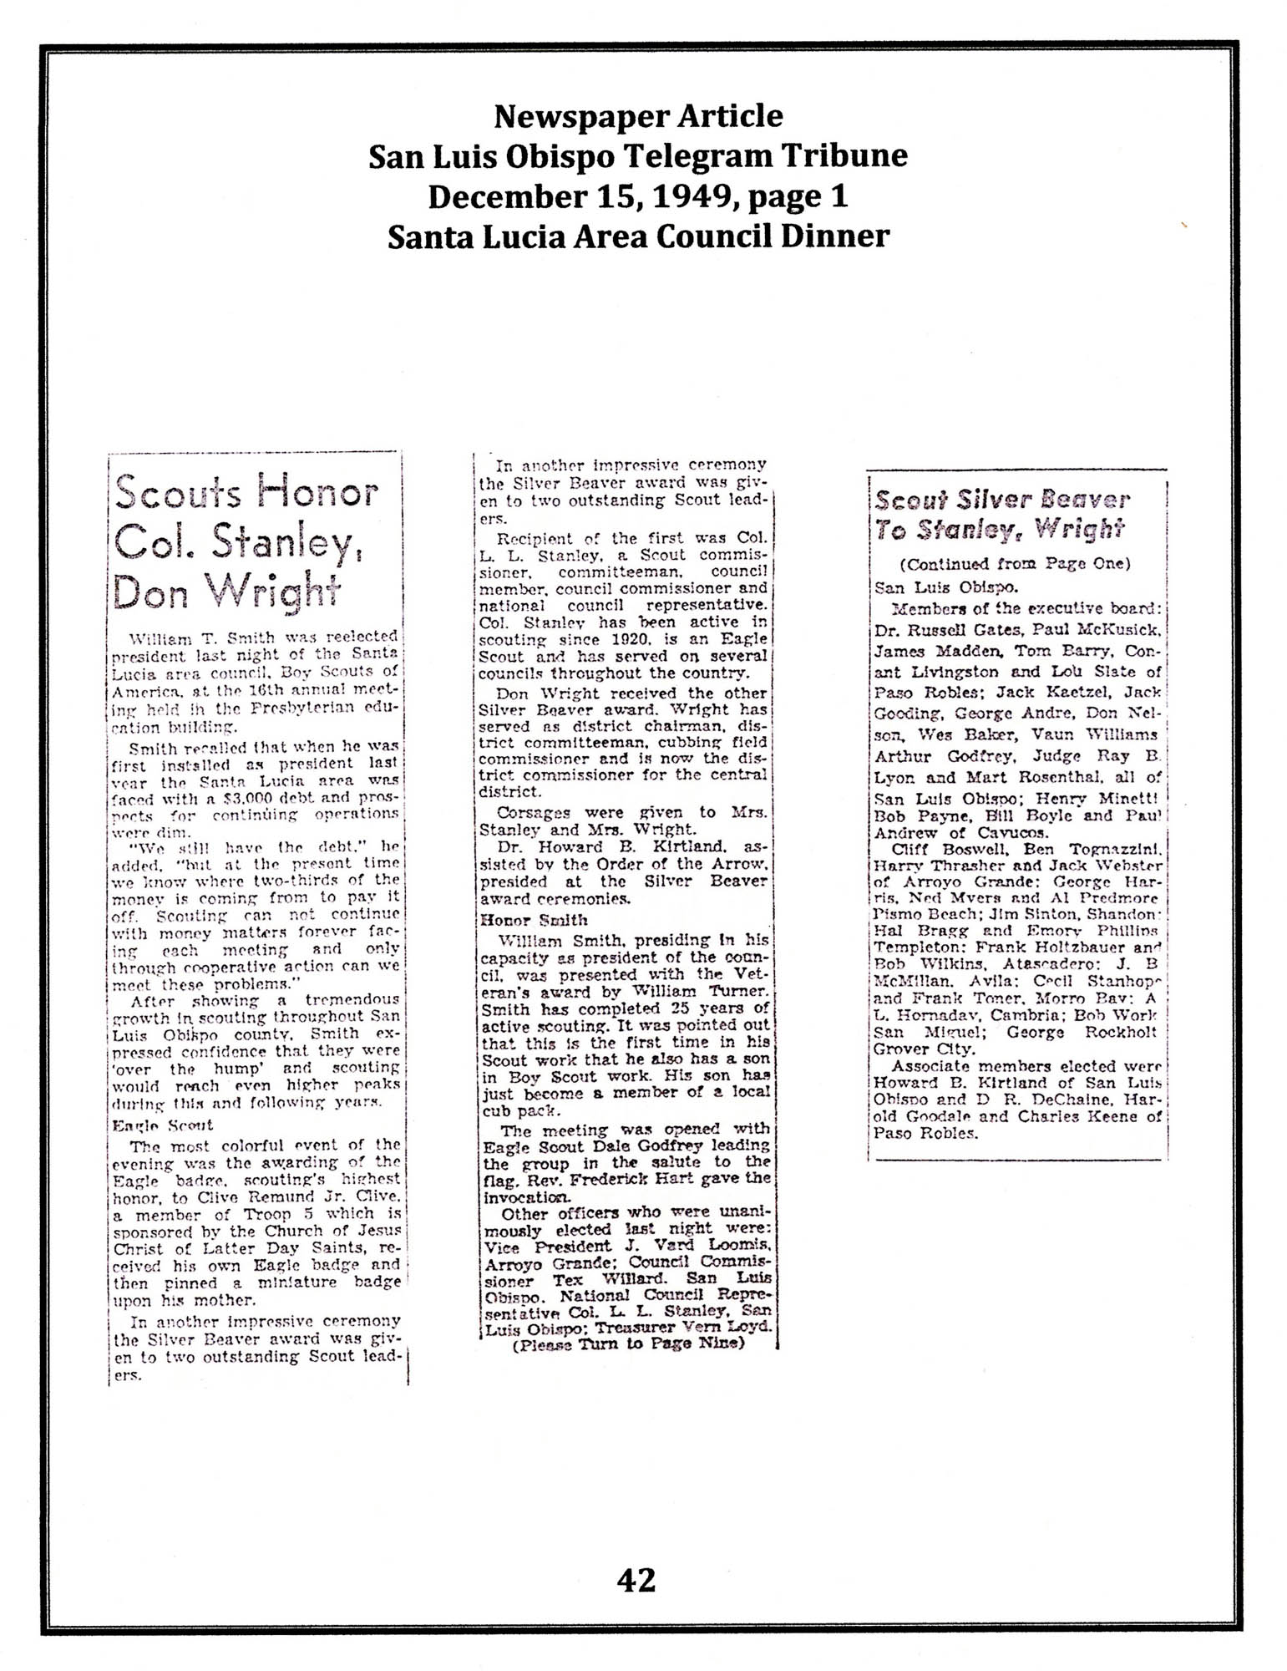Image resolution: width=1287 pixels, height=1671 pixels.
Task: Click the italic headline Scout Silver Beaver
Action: click(x=1001, y=501)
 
